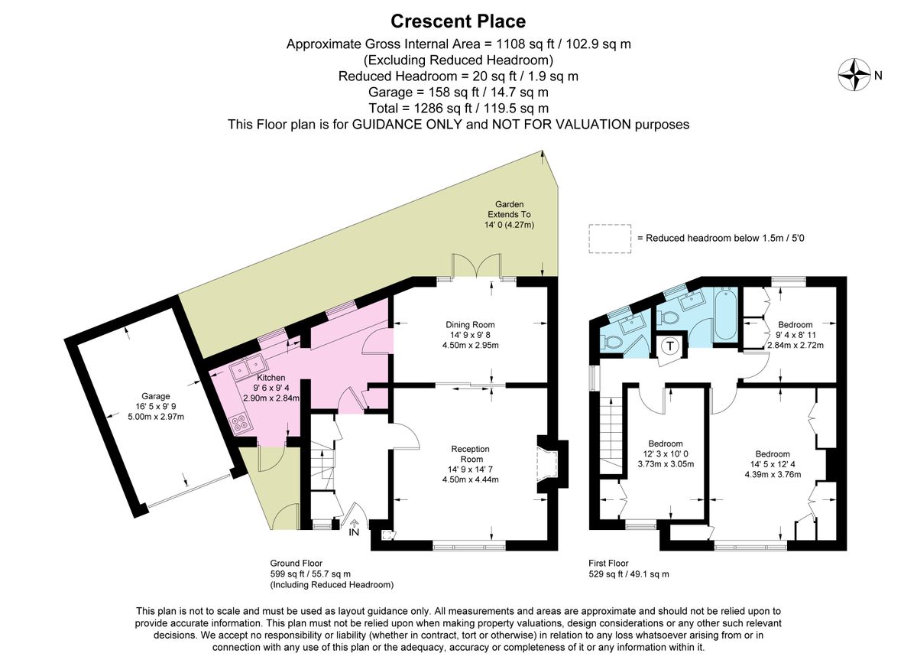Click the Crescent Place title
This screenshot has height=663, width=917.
[x=458, y=21]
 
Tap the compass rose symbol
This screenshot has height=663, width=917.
[x=854, y=75]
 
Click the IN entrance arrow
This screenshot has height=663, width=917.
[x=354, y=523]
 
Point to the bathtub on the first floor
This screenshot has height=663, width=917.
[x=726, y=313]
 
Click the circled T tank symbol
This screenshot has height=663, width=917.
[x=669, y=346]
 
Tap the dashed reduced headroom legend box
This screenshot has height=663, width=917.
[x=610, y=239]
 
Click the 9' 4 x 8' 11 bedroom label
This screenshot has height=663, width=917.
[x=795, y=335]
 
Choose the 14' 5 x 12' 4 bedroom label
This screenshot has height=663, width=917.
[x=773, y=464]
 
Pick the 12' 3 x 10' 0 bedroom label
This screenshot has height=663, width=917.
[x=666, y=453]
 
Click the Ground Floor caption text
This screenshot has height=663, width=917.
[x=296, y=563]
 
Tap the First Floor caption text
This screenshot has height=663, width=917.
[x=608, y=563]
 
